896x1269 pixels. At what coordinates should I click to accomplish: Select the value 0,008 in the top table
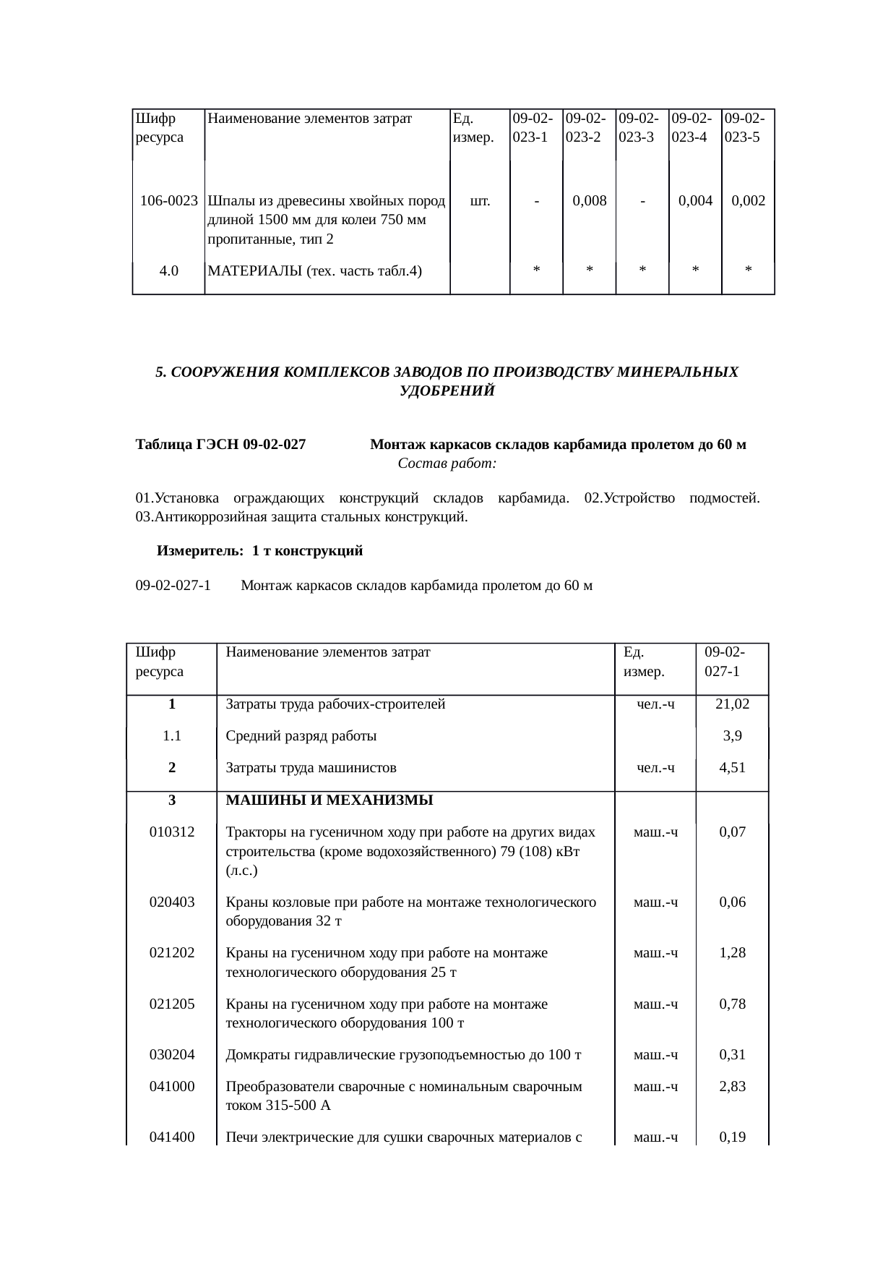589,200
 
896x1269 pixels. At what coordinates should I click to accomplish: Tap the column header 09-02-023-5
748,127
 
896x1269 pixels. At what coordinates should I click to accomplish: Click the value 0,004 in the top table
695,200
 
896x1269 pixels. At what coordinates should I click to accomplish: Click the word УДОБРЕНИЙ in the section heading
447,391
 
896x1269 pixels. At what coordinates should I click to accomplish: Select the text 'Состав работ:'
447,463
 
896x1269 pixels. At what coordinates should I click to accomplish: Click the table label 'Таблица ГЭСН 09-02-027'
220,445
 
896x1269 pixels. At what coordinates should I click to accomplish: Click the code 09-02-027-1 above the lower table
173,585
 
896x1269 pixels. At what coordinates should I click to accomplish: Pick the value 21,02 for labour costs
732,704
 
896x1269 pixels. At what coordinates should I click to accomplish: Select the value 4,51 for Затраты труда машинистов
732,768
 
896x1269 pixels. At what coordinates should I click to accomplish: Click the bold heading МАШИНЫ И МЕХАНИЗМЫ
329,800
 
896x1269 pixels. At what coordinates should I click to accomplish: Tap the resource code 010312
172,832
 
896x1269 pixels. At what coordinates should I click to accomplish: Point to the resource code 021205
172,1004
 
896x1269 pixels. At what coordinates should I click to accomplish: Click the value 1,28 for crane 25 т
732,953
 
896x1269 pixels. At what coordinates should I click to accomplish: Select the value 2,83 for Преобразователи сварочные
732,1086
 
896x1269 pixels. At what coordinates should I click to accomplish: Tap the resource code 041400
172,1137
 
